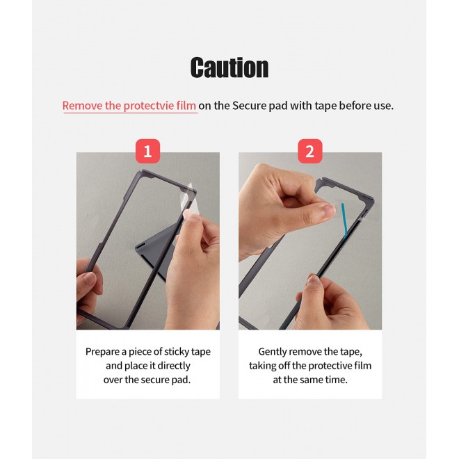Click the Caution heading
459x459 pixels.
click(229, 67)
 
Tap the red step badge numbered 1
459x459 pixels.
click(148, 151)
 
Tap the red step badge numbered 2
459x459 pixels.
click(310, 151)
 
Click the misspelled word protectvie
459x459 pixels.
click(150, 106)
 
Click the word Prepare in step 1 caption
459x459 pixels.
click(103, 352)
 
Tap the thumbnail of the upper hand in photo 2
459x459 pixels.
click(329, 209)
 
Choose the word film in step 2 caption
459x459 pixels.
click(362, 366)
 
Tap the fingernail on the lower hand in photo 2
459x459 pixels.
click(314, 280)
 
